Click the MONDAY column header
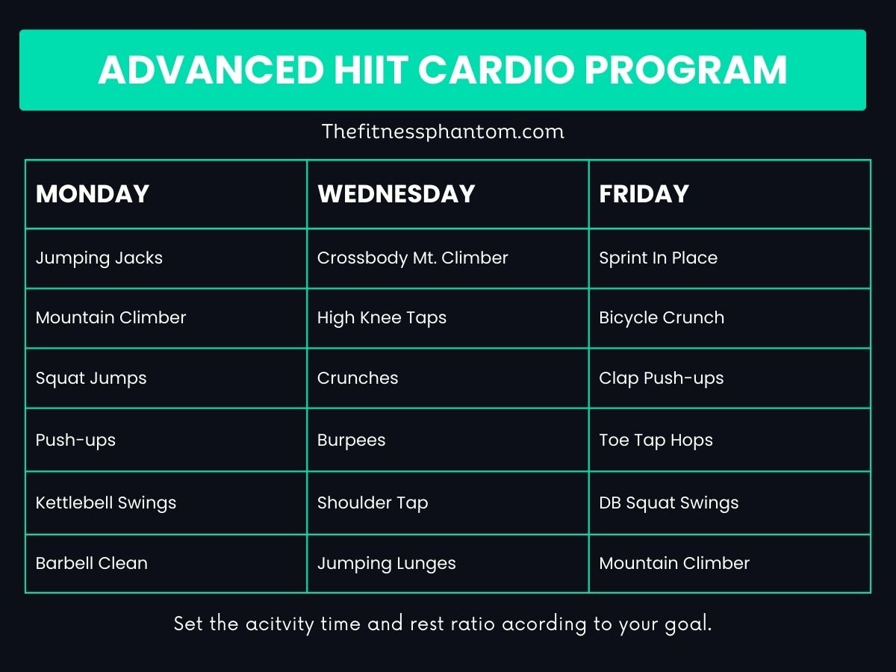(x=93, y=194)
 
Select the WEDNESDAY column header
(x=396, y=194)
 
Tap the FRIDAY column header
(x=644, y=194)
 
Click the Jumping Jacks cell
(x=99, y=258)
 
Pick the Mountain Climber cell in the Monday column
(x=111, y=318)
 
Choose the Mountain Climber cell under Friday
(x=673, y=564)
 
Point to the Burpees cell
(x=351, y=441)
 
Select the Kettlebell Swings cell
(x=106, y=503)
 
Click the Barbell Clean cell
(x=91, y=564)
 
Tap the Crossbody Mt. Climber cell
(x=412, y=258)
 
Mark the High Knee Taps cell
(x=382, y=318)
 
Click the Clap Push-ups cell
(x=661, y=379)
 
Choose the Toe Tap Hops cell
(x=656, y=441)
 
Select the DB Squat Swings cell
(x=668, y=503)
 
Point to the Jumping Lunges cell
(x=386, y=564)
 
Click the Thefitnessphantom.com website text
(x=443, y=132)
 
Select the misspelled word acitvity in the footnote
(x=280, y=624)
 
